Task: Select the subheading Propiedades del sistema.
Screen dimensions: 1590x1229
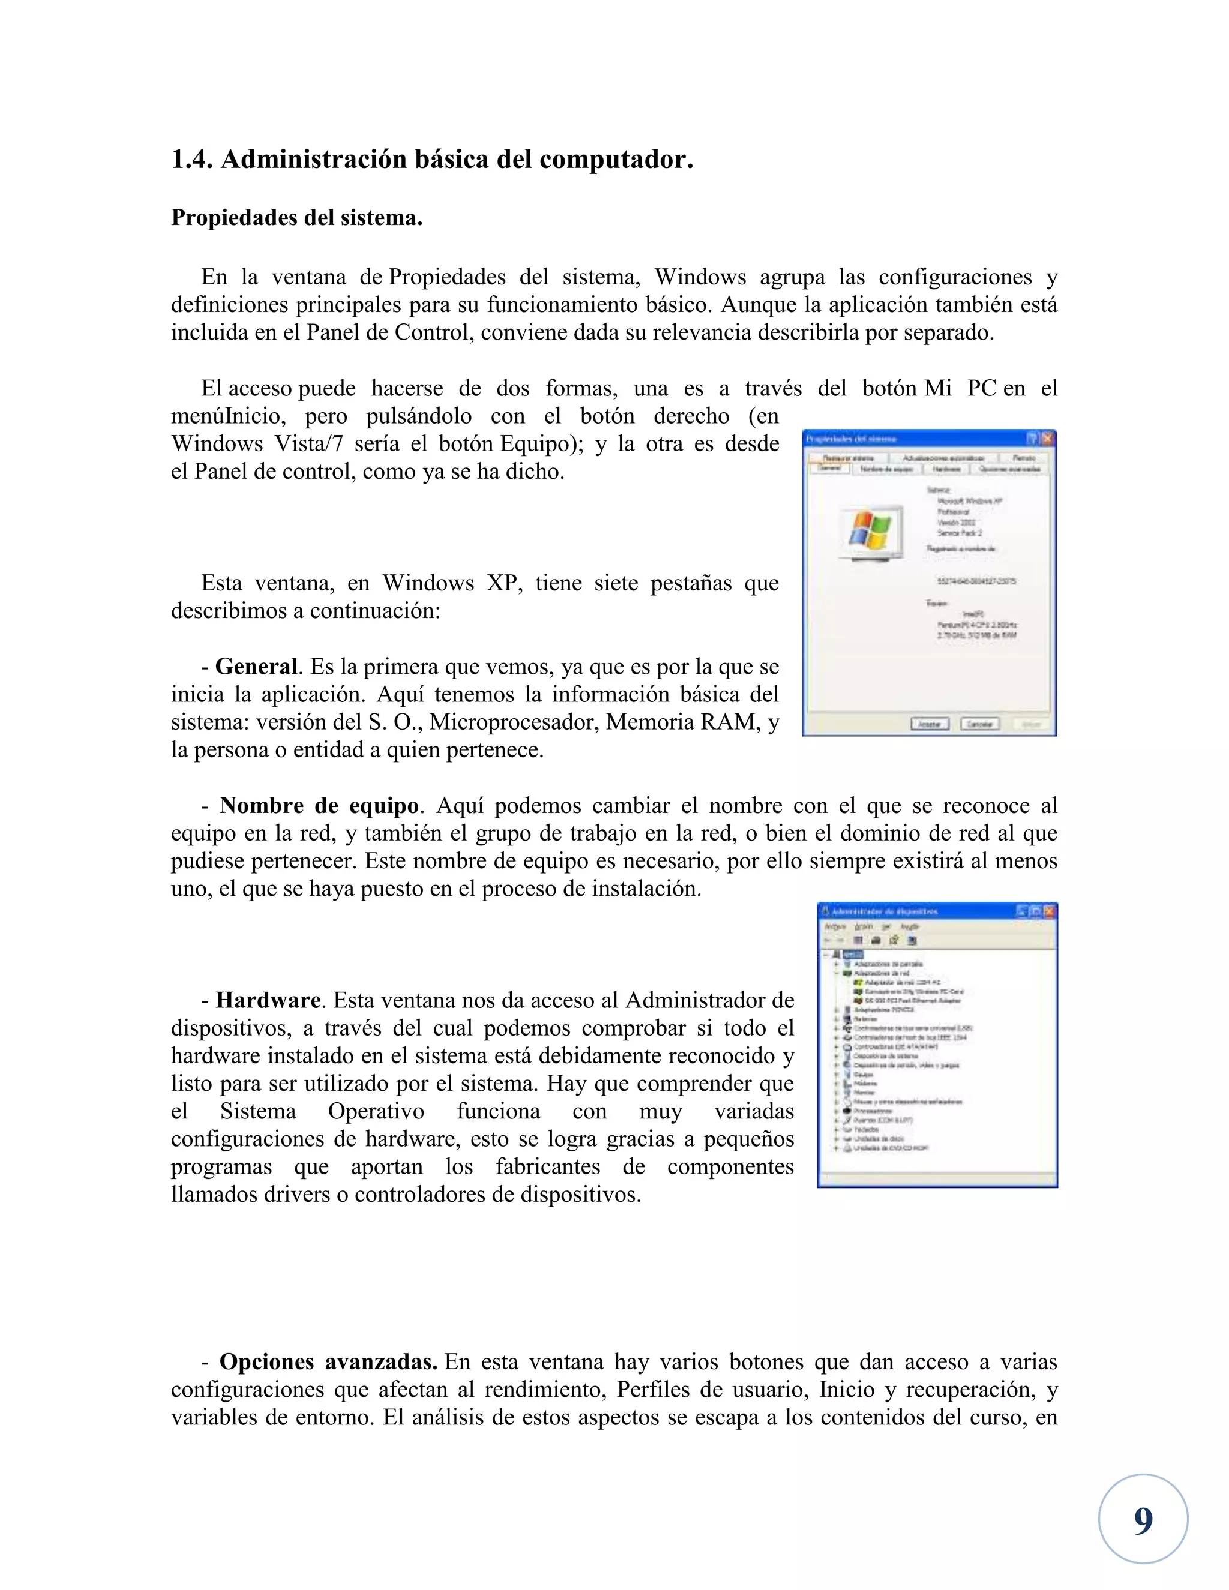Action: [296, 218]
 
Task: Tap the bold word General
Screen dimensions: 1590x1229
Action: [256, 667]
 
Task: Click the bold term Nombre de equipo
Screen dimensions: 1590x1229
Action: [319, 806]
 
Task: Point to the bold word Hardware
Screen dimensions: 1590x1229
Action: [268, 1000]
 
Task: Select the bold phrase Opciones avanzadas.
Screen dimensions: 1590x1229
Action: [328, 1361]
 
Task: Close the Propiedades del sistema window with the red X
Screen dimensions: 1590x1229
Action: [1047, 438]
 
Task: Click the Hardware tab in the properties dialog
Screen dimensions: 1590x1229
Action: [946, 469]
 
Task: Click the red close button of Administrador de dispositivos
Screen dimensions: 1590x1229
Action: [1049, 911]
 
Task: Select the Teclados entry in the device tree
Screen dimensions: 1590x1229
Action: [867, 1130]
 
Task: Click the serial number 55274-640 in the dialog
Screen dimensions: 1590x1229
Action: [976, 581]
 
